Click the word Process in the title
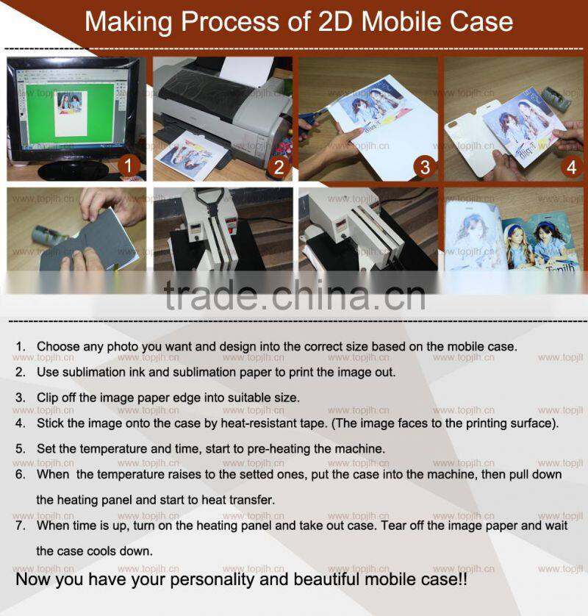(231, 21)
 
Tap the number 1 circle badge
(129, 165)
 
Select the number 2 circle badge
(279, 168)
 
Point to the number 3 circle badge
(425, 167)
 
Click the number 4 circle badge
(571, 168)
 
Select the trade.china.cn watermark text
(295, 296)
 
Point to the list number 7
(21, 526)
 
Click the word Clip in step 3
(48, 398)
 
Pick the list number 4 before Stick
(21, 423)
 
